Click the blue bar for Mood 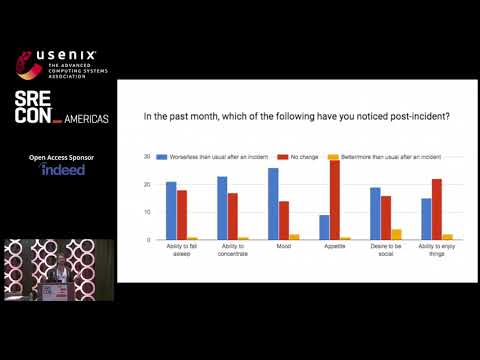coord(273,204)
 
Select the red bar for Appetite coord(334,200)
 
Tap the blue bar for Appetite coord(323,227)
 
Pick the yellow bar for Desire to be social coord(396,235)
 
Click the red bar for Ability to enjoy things coord(436,209)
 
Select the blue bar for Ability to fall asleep coord(171,210)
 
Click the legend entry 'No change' coord(305,157)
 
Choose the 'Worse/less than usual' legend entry coord(205,157)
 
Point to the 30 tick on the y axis coord(147,157)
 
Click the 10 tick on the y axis coord(147,213)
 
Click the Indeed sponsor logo coord(63,170)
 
